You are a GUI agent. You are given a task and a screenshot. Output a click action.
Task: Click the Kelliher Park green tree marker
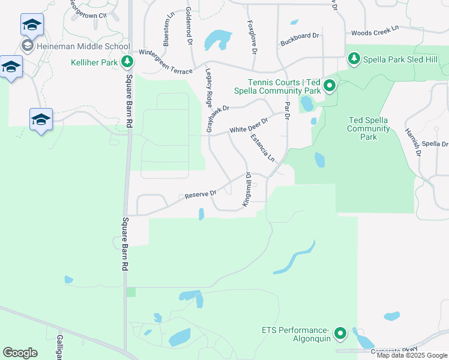tap(127, 62)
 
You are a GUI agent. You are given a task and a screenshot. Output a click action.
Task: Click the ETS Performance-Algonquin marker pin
tap(340, 333)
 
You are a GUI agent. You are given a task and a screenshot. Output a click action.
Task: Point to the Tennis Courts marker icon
tap(329, 87)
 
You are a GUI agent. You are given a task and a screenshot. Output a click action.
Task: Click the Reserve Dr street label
tap(200, 194)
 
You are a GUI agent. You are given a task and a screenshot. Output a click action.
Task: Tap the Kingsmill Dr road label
tap(246, 190)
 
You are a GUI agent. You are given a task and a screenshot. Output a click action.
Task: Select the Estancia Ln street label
tap(262, 148)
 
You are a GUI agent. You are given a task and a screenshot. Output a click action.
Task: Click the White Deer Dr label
tap(248, 127)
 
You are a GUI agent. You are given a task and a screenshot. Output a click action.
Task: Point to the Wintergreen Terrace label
tap(165, 61)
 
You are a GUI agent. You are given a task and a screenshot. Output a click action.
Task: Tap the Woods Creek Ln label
tap(375, 30)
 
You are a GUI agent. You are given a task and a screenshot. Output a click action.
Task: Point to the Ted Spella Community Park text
tap(369, 128)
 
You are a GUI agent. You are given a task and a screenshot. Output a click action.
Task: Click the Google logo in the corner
tap(20, 353)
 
